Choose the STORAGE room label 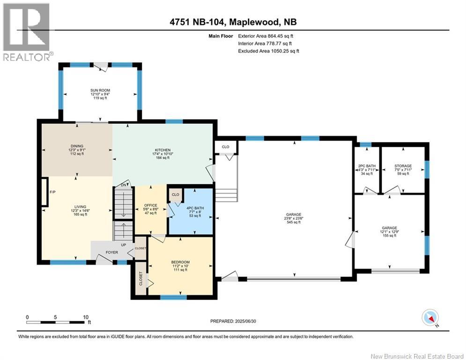point(403,166)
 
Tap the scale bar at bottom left point(57,322)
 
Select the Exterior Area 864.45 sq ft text point(266,36)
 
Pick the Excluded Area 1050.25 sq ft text point(268,51)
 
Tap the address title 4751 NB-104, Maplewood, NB point(233,22)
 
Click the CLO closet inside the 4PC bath point(176,195)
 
